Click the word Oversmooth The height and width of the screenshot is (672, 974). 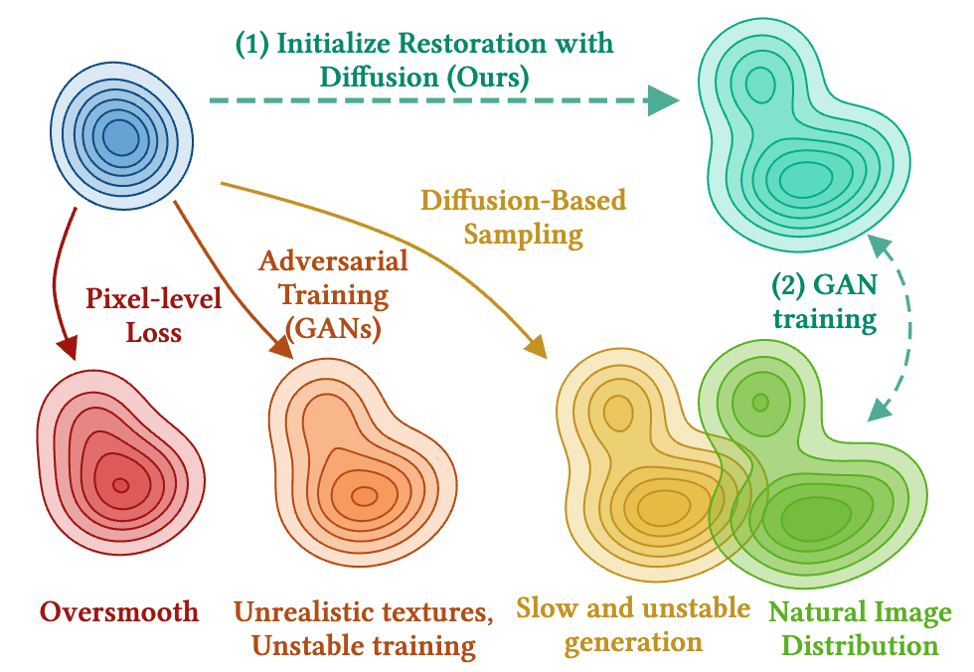[x=119, y=612]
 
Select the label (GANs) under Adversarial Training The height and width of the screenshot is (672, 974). [x=333, y=329]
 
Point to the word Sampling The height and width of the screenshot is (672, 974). [x=523, y=236]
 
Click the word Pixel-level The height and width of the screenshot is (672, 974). [x=153, y=299]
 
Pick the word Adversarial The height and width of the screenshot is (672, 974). [x=334, y=260]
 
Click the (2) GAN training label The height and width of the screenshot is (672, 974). [x=825, y=302]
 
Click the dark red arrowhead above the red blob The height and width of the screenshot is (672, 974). [x=67, y=347]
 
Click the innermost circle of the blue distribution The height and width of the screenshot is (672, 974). [x=120, y=138]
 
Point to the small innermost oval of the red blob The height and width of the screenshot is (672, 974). [x=121, y=485]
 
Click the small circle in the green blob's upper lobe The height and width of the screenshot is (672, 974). [x=759, y=403]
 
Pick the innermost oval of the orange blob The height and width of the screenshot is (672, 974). [x=364, y=496]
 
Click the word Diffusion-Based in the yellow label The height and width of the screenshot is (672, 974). [x=523, y=201]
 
